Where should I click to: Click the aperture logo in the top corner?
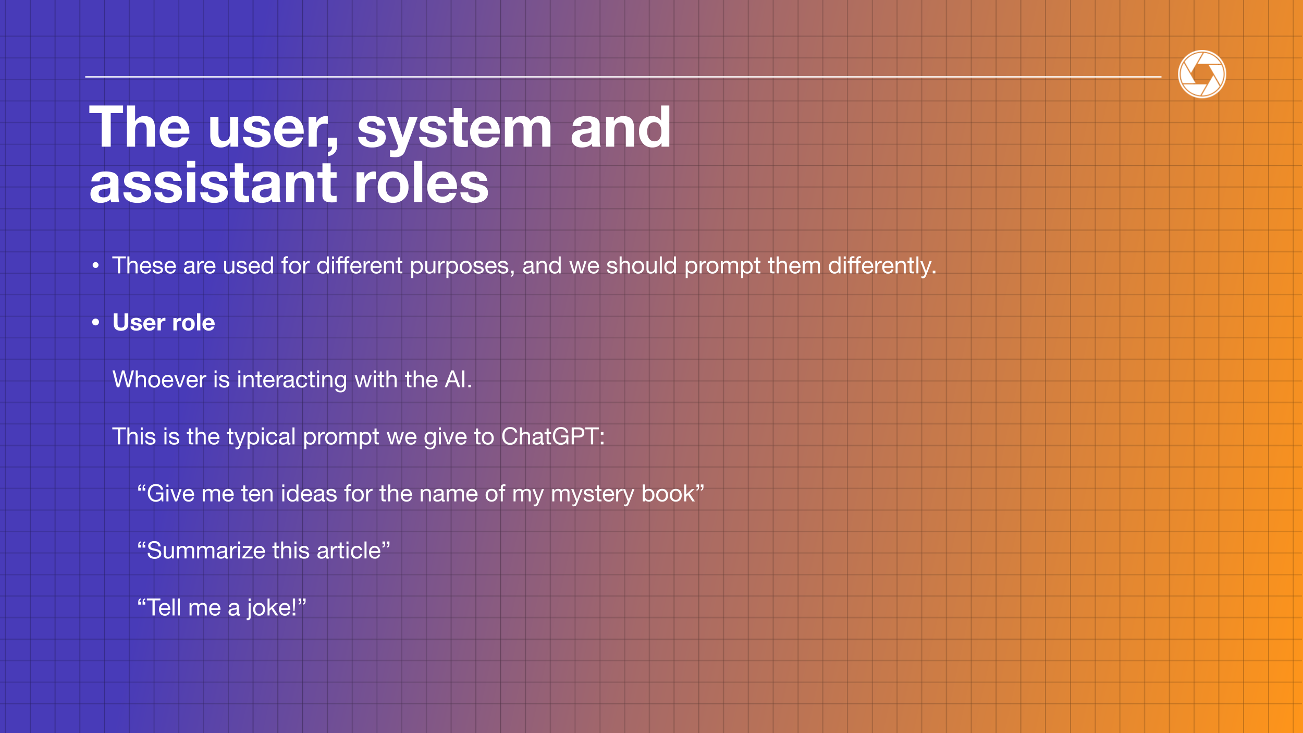click(1202, 74)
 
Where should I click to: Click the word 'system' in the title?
click(454, 128)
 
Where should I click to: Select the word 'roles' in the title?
click(421, 183)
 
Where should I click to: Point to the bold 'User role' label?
click(164, 323)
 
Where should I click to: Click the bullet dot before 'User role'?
click(95, 323)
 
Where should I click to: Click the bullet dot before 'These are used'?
click(95, 266)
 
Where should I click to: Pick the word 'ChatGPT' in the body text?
click(550, 436)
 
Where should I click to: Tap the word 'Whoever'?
click(159, 380)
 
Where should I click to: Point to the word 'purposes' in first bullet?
click(460, 267)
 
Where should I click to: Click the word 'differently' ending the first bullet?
click(879, 266)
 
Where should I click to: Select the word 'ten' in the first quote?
click(257, 494)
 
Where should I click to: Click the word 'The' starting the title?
click(140, 127)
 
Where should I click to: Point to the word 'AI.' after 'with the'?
click(458, 380)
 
